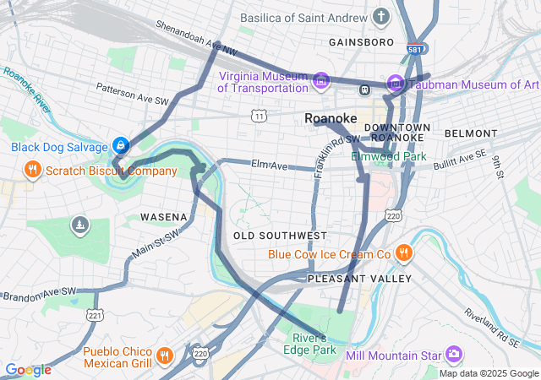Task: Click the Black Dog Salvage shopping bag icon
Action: pos(121,146)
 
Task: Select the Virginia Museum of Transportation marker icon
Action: pos(320,82)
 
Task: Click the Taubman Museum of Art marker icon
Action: pos(395,84)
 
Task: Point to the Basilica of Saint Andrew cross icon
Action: pos(382,16)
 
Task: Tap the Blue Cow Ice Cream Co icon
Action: pos(404,253)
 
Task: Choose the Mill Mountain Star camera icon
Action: pos(455,352)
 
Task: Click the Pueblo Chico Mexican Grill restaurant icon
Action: pos(165,357)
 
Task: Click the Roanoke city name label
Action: pos(331,119)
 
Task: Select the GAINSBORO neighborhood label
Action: pos(361,41)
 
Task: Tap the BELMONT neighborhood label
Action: pos(471,133)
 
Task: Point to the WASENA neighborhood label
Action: pos(163,217)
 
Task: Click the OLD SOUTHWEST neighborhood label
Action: pos(280,235)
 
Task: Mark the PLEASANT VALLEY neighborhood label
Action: pos(359,278)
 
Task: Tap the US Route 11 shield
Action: pos(260,114)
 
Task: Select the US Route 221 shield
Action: pos(95,315)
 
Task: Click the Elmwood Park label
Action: pos(389,156)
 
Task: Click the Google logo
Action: pos(28,370)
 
